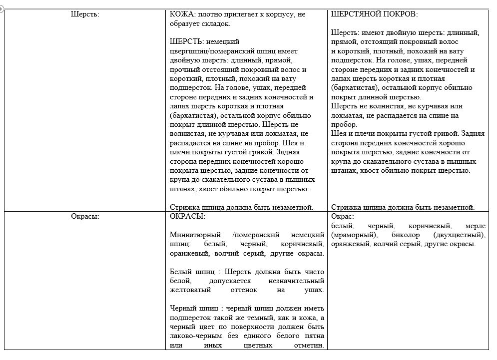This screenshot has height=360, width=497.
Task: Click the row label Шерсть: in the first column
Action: click(x=85, y=14)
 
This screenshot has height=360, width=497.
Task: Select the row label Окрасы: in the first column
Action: click(x=85, y=217)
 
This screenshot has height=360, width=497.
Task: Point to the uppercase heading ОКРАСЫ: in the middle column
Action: click(x=187, y=217)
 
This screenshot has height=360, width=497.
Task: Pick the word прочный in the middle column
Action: click(x=184, y=69)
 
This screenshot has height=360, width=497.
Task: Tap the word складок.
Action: click(x=216, y=23)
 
